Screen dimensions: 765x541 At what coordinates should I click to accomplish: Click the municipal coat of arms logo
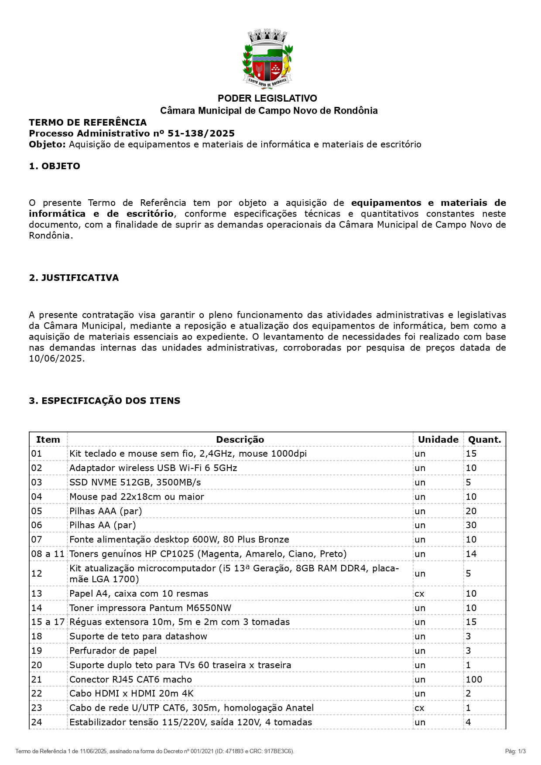tap(267, 59)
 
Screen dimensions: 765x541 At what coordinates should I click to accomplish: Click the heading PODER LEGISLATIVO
tap(267, 99)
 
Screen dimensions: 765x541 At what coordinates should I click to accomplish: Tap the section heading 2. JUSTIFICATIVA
tap(74, 278)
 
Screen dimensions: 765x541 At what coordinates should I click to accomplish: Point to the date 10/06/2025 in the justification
tap(55, 359)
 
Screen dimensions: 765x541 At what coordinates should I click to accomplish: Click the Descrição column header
tap(240, 440)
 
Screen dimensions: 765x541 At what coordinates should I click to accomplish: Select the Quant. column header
tap(484, 440)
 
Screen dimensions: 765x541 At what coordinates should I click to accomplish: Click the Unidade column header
tap(438, 440)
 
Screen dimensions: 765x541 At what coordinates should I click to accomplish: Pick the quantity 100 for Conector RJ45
tap(474, 680)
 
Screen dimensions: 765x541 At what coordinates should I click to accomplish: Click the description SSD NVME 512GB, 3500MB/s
tap(135, 482)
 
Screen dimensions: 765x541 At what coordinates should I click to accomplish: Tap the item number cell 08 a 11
tap(48, 554)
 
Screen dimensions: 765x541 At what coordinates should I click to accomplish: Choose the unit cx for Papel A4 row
tap(419, 594)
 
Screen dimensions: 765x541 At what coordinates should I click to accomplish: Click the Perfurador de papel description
tap(113, 651)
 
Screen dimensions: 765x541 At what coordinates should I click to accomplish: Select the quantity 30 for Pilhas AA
tap(471, 525)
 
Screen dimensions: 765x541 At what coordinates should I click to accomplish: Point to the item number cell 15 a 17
tap(48, 622)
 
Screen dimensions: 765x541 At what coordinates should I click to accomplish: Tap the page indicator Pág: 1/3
tap(515, 751)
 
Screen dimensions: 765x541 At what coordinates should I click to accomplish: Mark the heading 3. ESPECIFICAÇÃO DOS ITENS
tap(104, 401)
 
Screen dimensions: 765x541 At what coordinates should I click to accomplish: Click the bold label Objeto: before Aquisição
tap(47, 144)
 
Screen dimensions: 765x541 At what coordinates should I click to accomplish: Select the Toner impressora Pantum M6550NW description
tap(150, 608)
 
